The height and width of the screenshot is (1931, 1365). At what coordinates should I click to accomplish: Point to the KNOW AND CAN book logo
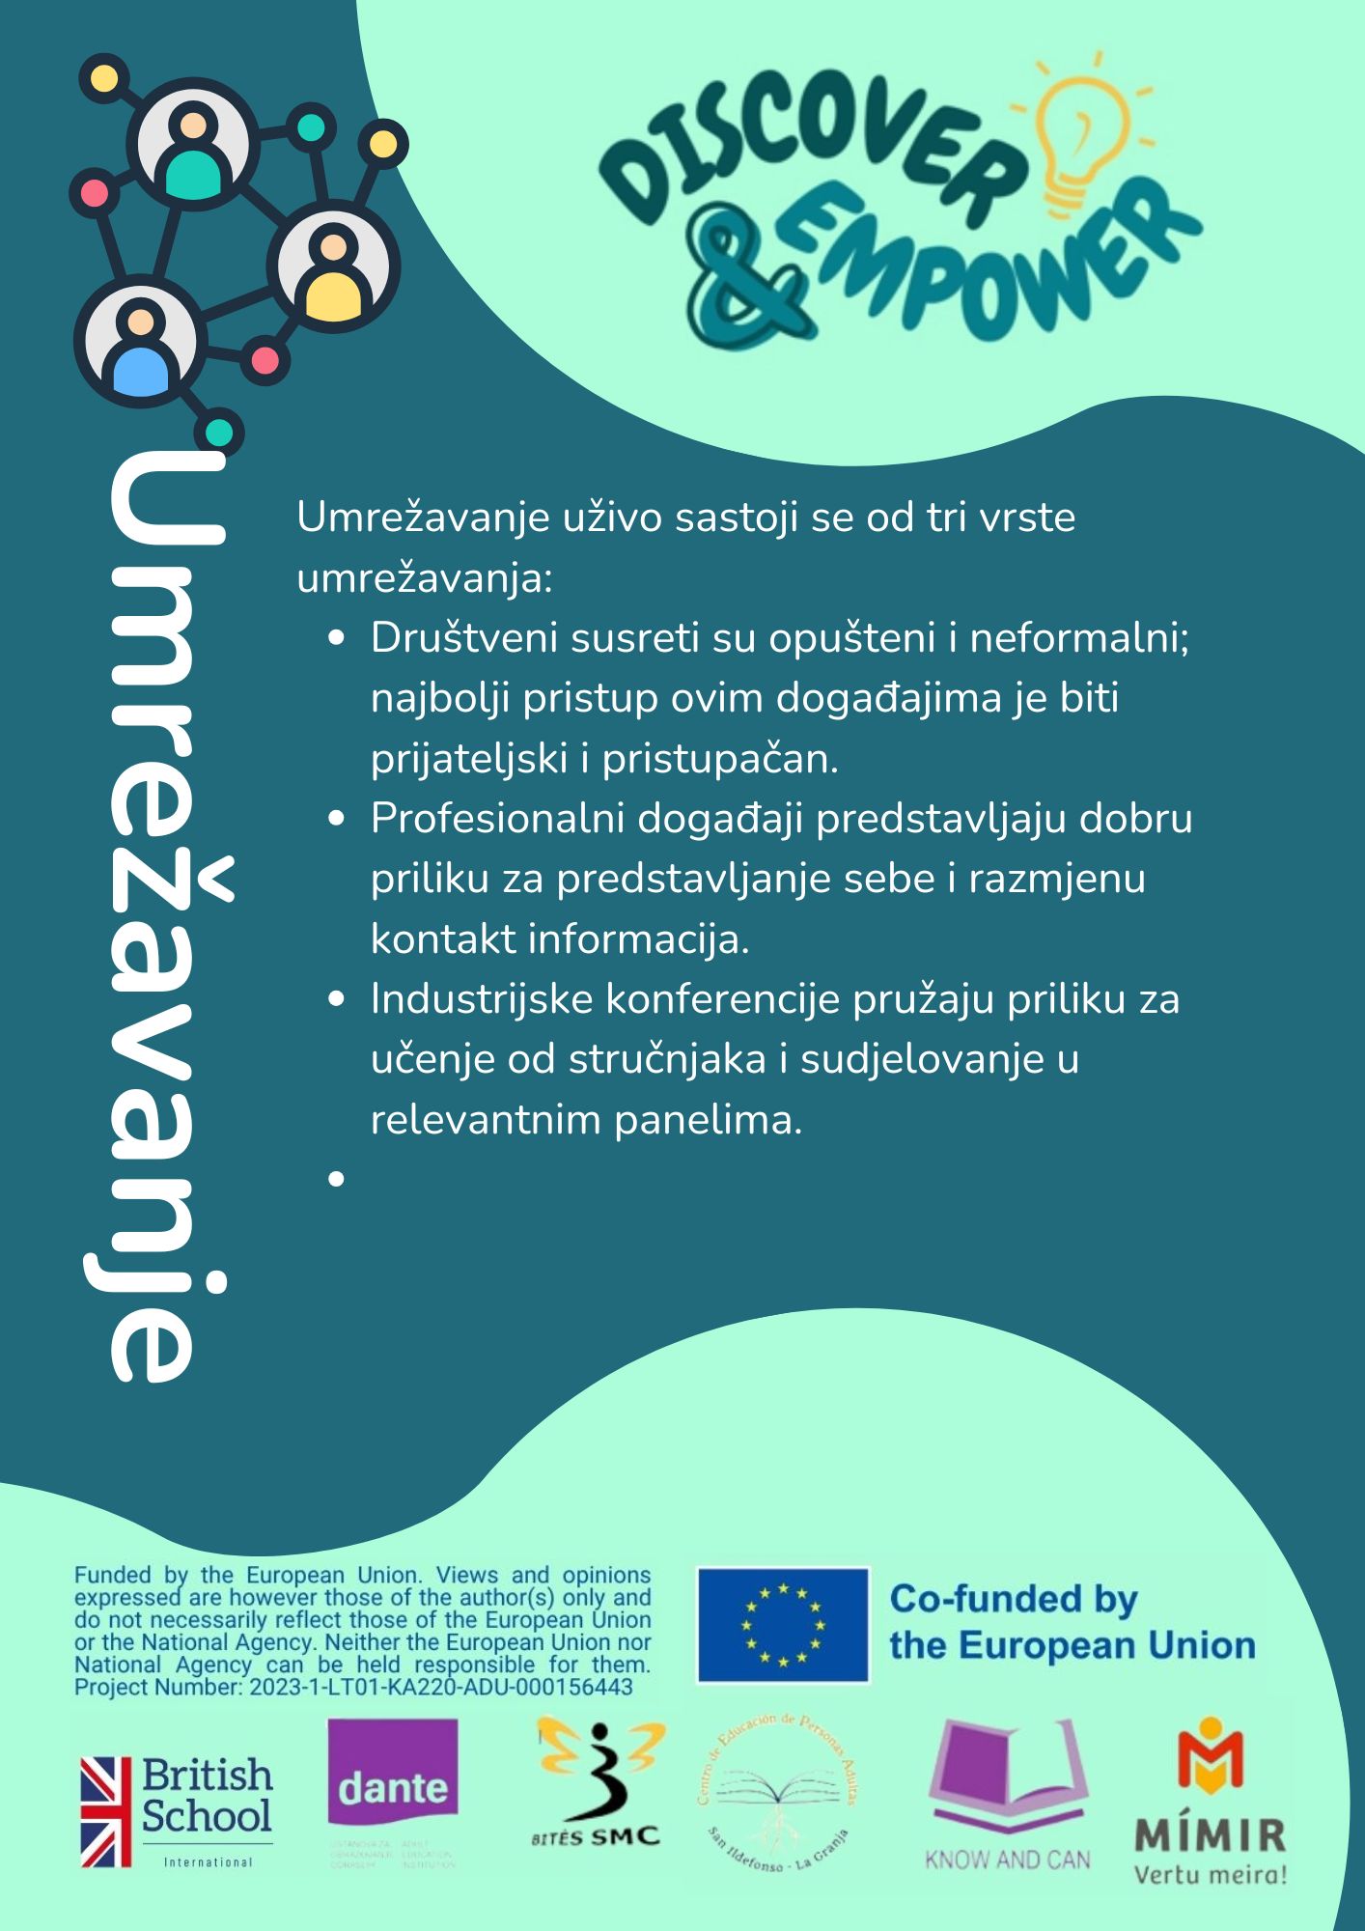pos(1007,1796)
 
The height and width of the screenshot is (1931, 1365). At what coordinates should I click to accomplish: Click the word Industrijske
pos(482,999)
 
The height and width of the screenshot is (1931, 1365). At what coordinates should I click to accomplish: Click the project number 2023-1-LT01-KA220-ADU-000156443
pos(441,1687)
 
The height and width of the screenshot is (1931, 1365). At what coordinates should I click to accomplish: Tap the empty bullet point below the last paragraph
pos(336,1179)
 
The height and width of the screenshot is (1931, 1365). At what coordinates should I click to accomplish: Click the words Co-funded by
pos(1014,1599)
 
